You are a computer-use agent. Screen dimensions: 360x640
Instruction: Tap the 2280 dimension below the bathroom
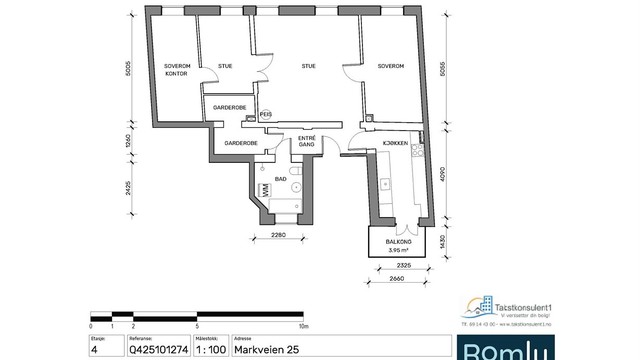pos(279,236)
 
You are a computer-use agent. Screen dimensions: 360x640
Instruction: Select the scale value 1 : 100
pos(208,350)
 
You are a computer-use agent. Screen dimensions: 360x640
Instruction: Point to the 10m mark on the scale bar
pos(302,326)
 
